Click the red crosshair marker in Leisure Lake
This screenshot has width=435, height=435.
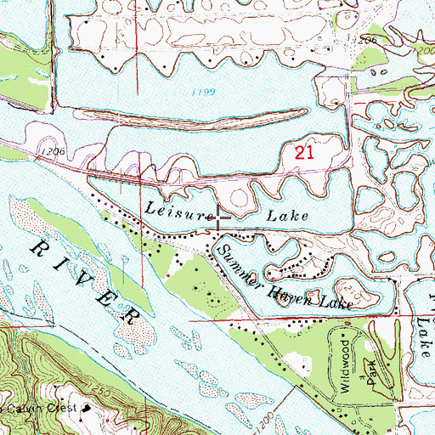click(x=220, y=217)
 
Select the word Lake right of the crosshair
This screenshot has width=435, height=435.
click(x=289, y=218)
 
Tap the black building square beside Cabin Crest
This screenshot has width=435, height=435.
click(x=87, y=408)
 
